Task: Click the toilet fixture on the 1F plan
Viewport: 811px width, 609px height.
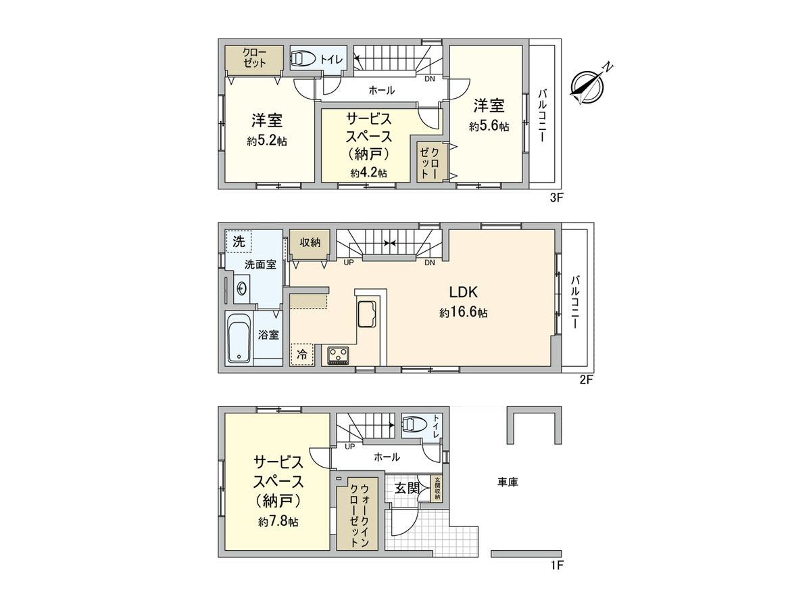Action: coord(413,425)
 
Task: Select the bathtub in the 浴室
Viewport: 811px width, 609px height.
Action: coord(239,339)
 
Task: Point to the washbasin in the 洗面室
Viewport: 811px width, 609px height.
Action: coord(241,289)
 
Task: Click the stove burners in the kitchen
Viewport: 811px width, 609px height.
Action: coord(338,355)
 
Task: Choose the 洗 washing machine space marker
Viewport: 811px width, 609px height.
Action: coord(237,241)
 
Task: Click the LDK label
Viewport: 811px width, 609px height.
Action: coord(464,292)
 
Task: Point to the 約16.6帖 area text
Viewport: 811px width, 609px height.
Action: coord(464,313)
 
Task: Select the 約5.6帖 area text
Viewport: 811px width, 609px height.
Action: coord(489,127)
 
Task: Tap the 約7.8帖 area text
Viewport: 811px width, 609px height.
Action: coord(278,522)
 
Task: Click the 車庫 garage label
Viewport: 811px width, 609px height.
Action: coord(508,482)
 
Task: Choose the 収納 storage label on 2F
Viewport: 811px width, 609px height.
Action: coord(310,242)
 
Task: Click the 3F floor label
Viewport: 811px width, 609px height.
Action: coord(556,198)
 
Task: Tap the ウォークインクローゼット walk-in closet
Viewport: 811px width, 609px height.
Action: coord(356,515)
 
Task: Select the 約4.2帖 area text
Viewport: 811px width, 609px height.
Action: coord(368,173)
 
